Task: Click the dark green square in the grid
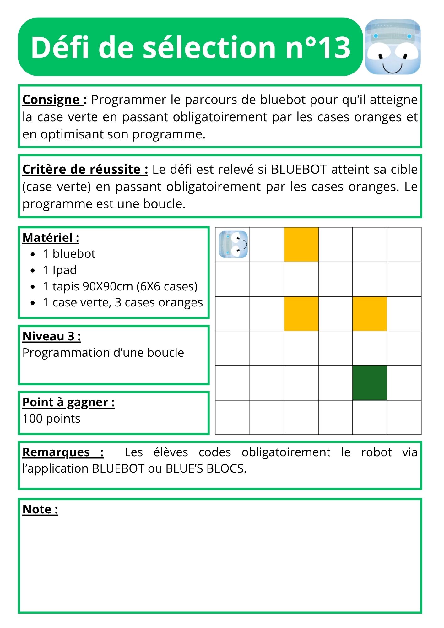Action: (370, 382)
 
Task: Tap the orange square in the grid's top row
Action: (301, 244)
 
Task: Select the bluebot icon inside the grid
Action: (233, 244)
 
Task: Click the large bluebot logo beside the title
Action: (393, 47)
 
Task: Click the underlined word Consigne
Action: (51, 100)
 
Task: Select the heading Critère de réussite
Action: (85, 170)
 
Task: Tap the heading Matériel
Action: (51, 238)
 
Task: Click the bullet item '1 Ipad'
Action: (60, 270)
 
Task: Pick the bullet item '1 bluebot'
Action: (69, 254)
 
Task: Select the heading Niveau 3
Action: (51, 336)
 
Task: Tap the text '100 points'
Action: (51, 419)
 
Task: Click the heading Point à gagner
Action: (68, 402)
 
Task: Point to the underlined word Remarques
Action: (57, 452)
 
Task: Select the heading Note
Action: (40, 509)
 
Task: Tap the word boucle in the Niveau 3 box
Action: (165, 353)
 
